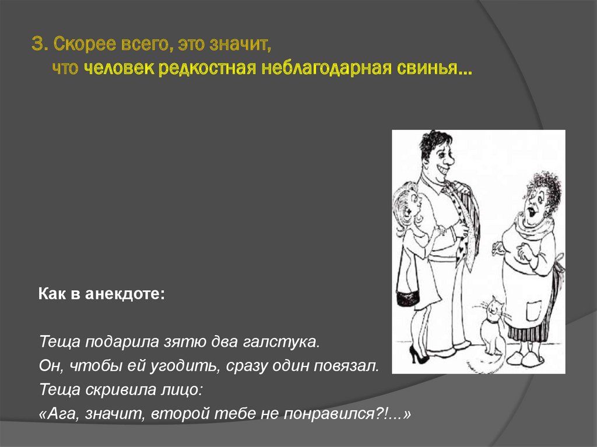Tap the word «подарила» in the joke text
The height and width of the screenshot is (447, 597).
[111, 340]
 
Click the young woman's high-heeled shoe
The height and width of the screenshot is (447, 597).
[418, 354]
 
